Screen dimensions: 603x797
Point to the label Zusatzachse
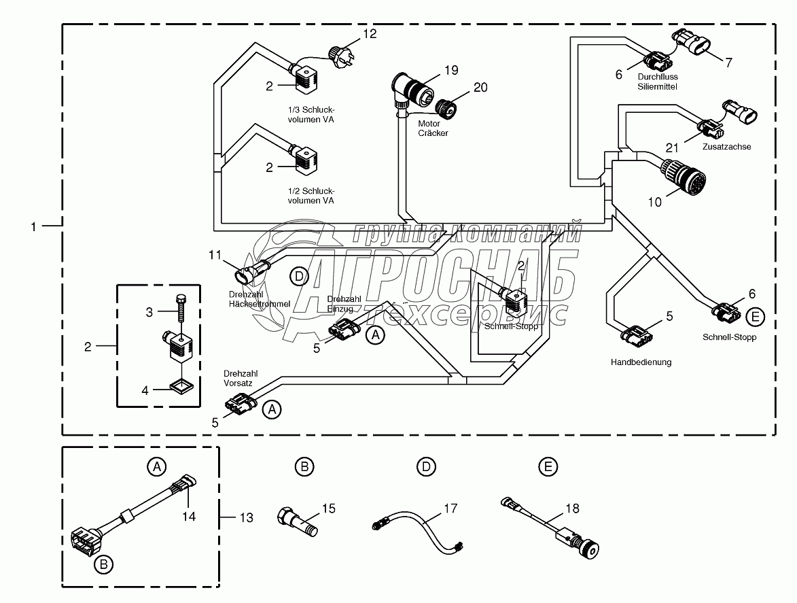728,146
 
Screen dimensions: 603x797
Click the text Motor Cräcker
433,128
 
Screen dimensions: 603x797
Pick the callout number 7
728,63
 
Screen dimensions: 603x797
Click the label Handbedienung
641,362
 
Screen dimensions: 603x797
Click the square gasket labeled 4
181,387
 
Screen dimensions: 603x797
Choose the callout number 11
215,255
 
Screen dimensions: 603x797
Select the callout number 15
329,507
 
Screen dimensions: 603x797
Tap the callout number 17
451,507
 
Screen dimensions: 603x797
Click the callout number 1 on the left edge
34,226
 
